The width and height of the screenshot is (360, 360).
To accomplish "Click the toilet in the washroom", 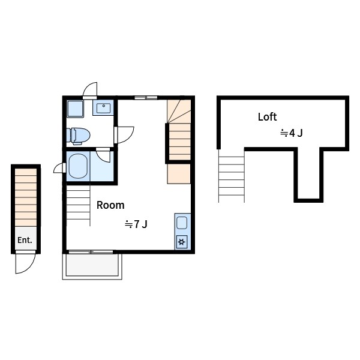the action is click(x=78, y=136).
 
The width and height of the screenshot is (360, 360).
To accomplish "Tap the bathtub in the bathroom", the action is click(x=78, y=166).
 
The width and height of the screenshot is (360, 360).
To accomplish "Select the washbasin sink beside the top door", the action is click(x=104, y=108).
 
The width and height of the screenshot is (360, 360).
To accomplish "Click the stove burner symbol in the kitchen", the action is click(x=182, y=242).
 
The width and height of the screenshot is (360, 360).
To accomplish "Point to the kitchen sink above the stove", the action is click(x=182, y=223).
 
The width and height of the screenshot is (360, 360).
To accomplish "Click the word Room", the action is click(x=110, y=205).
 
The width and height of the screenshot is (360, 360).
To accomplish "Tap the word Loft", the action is click(x=267, y=117).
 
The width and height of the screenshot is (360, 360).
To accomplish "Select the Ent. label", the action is click(x=25, y=240).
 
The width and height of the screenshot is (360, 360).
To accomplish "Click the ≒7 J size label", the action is click(x=136, y=224).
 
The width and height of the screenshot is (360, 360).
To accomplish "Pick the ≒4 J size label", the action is click(x=292, y=133).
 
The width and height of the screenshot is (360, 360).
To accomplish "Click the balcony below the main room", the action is click(x=92, y=266).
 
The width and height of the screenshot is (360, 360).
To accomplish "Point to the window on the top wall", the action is click(x=146, y=98).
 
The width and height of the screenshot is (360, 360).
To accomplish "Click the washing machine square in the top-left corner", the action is click(x=76, y=109).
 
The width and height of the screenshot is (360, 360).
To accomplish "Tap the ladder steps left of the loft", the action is click(x=232, y=176).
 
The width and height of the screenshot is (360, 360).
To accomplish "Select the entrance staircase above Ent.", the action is click(x=26, y=197).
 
